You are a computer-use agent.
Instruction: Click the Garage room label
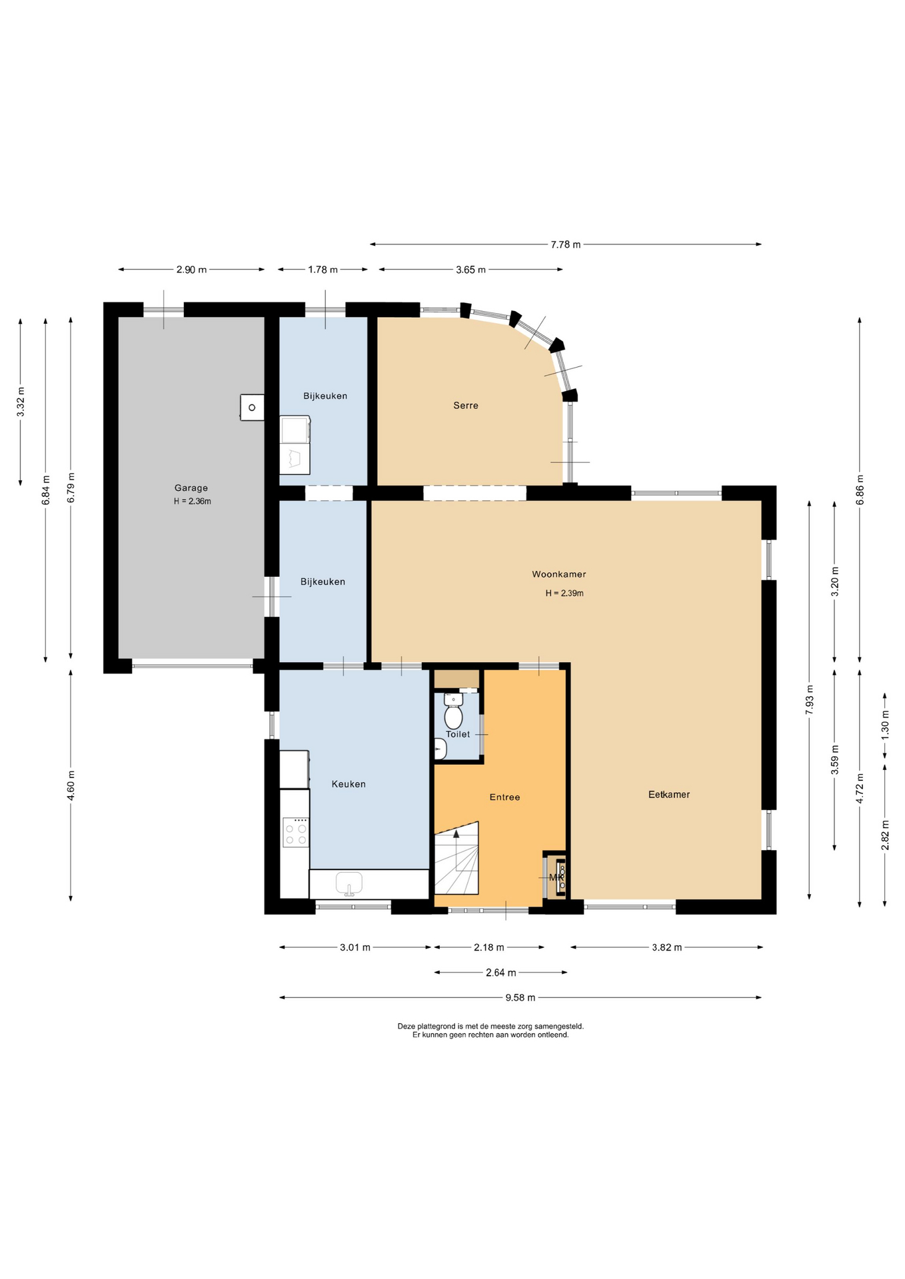point(191,488)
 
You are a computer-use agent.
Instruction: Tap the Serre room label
point(466,405)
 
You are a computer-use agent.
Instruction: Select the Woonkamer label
point(559,574)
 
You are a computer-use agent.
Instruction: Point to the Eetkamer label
point(669,794)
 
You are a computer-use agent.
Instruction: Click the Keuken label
point(349,784)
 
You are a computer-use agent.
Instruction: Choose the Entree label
point(504,797)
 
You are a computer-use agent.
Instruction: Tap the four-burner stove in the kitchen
point(296,833)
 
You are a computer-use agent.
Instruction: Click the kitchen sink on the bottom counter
point(349,884)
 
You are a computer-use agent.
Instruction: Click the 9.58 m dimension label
point(520,997)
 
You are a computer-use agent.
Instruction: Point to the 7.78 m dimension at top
point(565,244)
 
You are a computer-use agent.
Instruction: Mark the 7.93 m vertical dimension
point(809,699)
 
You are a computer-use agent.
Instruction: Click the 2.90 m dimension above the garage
point(191,270)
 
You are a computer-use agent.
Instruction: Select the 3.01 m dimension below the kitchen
point(355,947)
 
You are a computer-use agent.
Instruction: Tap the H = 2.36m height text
point(193,502)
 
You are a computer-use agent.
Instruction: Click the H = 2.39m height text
point(564,593)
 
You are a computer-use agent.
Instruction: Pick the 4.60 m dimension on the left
point(71,785)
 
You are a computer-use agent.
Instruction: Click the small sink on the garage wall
point(252,407)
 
